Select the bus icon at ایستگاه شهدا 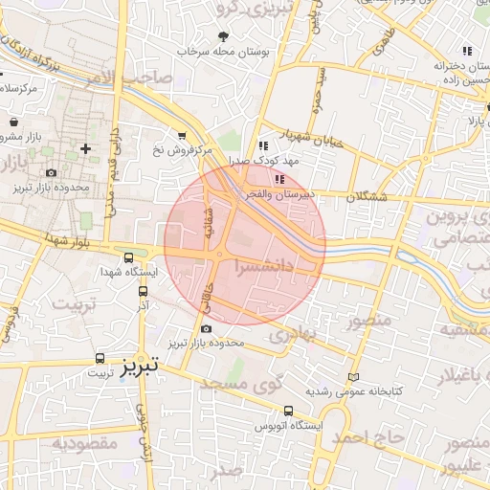tap(129, 256)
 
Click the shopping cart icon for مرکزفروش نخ tap(182, 135)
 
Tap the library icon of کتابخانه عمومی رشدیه tap(356, 377)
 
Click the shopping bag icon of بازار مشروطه tap(15, 123)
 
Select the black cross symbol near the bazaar tap(87, 148)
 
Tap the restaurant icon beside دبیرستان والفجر tap(278, 178)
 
